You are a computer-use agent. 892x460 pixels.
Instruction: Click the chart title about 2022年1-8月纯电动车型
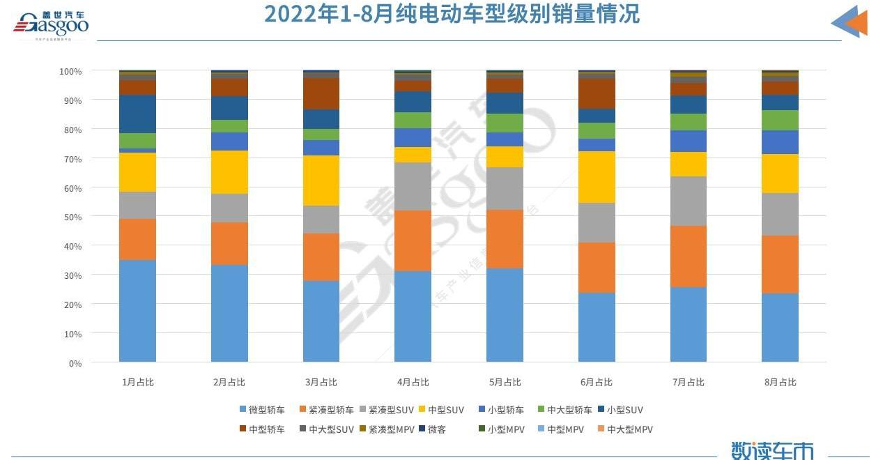pyautogui.click(x=452, y=14)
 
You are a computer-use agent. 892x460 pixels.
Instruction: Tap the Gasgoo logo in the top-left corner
pyautogui.click(x=52, y=26)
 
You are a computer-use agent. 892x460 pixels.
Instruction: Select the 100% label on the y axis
pyautogui.click(x=70, y=71)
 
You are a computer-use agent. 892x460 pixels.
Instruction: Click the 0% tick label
pyautogui.click(x=75, y=364)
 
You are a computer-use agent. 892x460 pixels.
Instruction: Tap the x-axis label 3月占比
pyautogui.click(x=321, y=382)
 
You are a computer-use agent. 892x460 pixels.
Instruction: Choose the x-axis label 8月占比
pyautogui.click(x=780, y=382)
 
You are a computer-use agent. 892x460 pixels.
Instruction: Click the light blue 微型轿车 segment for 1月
pyautogui.click(x=137, y=311)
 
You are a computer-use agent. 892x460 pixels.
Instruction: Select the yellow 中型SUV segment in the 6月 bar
pyautogui.click(x=597, y=177)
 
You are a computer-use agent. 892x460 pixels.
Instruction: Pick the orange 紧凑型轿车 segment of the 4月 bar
pyautogui.click(x=413, y=240)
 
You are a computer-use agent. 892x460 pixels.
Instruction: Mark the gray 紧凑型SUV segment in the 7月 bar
pyautogui.click(x=689, y=201)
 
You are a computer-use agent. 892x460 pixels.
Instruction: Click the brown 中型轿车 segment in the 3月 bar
pyautogui.click(x=321, y=94)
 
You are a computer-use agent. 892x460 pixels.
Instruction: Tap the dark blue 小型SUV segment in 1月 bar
pyautogui.click(x=137, y=114)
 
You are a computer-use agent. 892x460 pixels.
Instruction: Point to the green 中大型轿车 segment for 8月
pyautogui.click(x=780, y=120)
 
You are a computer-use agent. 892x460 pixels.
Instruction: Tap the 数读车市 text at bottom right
pyautogui.click(x=772, y=450)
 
